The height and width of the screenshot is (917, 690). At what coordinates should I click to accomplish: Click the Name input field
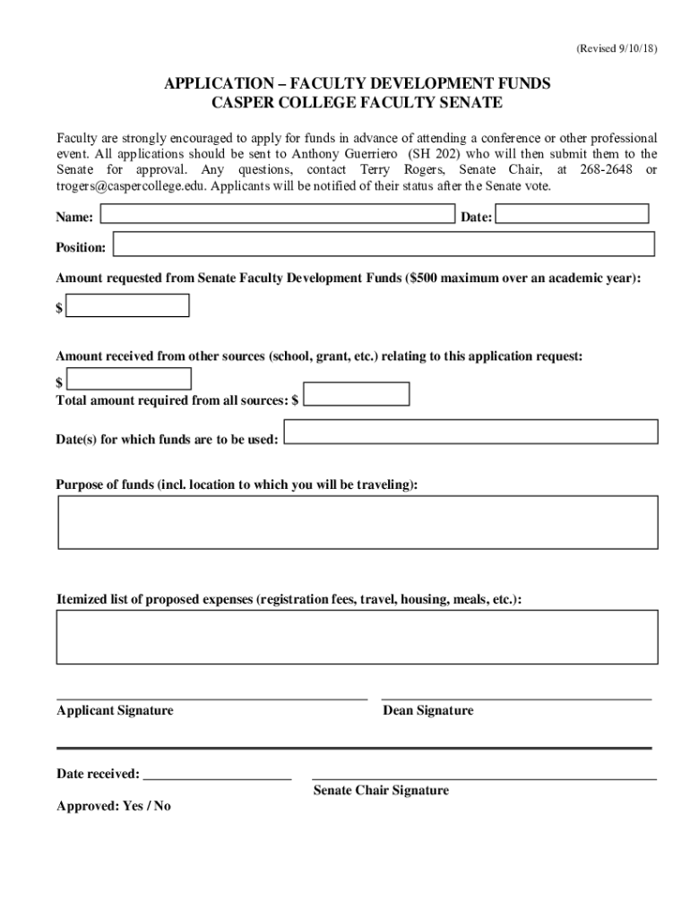click(x=278, y=214)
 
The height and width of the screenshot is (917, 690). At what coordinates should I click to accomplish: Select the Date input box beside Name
click(x=572, y=214)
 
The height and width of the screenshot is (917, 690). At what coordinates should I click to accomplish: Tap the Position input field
click(x=384, y=244)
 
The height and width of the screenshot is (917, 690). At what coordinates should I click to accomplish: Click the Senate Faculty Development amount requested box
click(x=128, y=306)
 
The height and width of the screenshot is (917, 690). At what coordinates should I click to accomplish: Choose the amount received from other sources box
click(x=129, y=379)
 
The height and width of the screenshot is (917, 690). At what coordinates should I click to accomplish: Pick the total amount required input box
click(x=356, y=394)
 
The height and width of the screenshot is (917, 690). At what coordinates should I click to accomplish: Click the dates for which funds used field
click(x=470, y=432)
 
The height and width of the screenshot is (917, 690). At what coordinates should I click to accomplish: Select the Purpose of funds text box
click(x=358, y=522)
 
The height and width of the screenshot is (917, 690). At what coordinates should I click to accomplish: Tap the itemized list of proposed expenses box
click(x=358, y=637)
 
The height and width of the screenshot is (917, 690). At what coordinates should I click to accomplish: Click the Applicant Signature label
click(x=115, y=711)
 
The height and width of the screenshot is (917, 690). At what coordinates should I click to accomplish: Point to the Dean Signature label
click(x=427, y=711)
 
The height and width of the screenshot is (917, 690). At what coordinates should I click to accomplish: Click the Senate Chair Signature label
click(x=381, y=791)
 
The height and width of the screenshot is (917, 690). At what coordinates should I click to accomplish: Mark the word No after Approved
click(x=162, y=806)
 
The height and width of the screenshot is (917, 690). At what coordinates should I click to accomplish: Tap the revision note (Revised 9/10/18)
click(x=617, y=49)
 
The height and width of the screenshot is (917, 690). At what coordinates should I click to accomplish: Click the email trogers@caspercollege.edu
click(x=131, y=186)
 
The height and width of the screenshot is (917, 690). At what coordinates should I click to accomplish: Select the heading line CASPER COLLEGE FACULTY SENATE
click(x=357, y=103)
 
